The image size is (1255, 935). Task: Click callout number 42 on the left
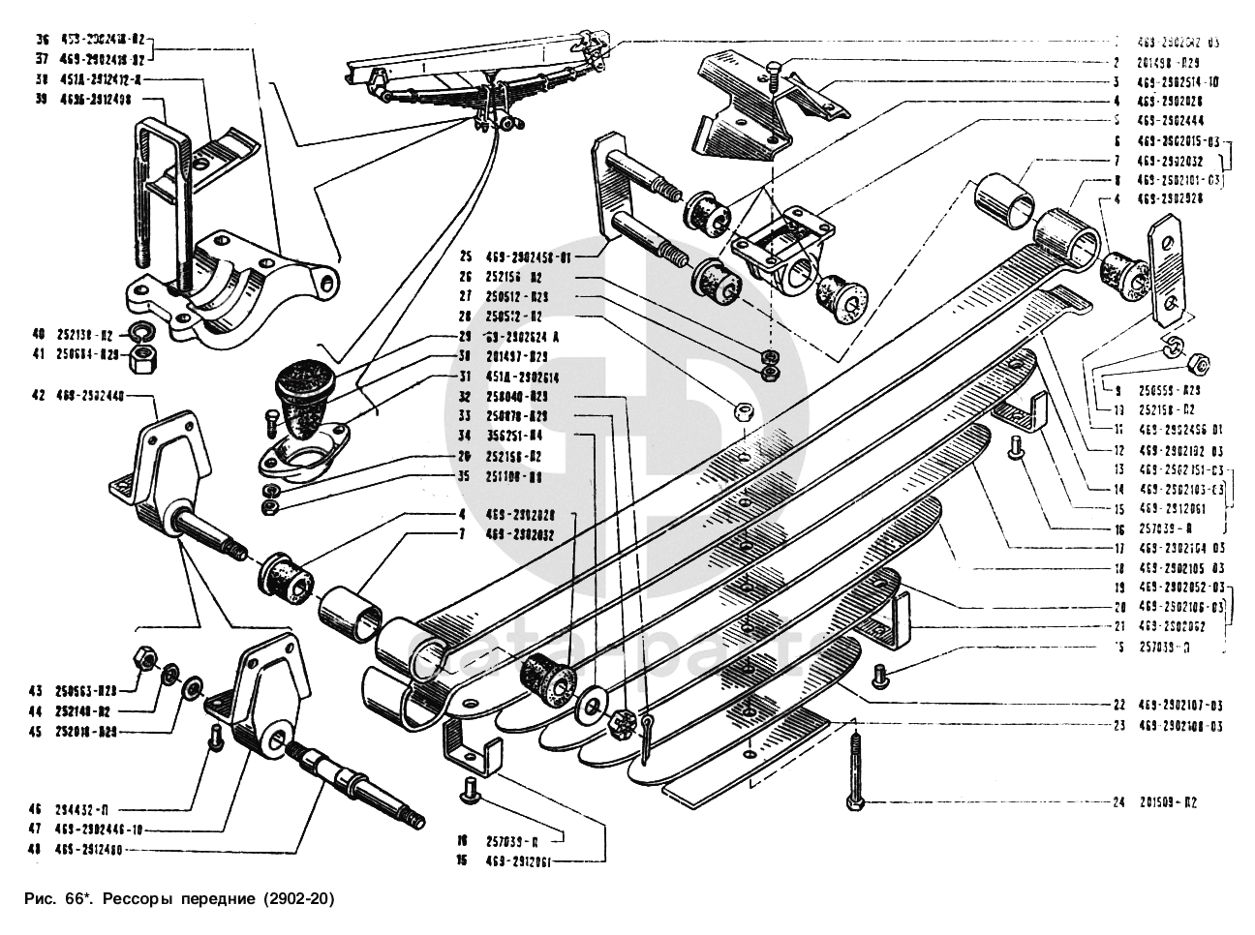coord(38,395)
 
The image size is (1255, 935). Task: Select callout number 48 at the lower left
coord(38,849)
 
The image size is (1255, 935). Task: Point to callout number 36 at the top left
coord(41,41)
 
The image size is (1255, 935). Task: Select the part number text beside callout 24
coord(1169,802)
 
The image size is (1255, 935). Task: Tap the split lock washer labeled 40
coord(140,333)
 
